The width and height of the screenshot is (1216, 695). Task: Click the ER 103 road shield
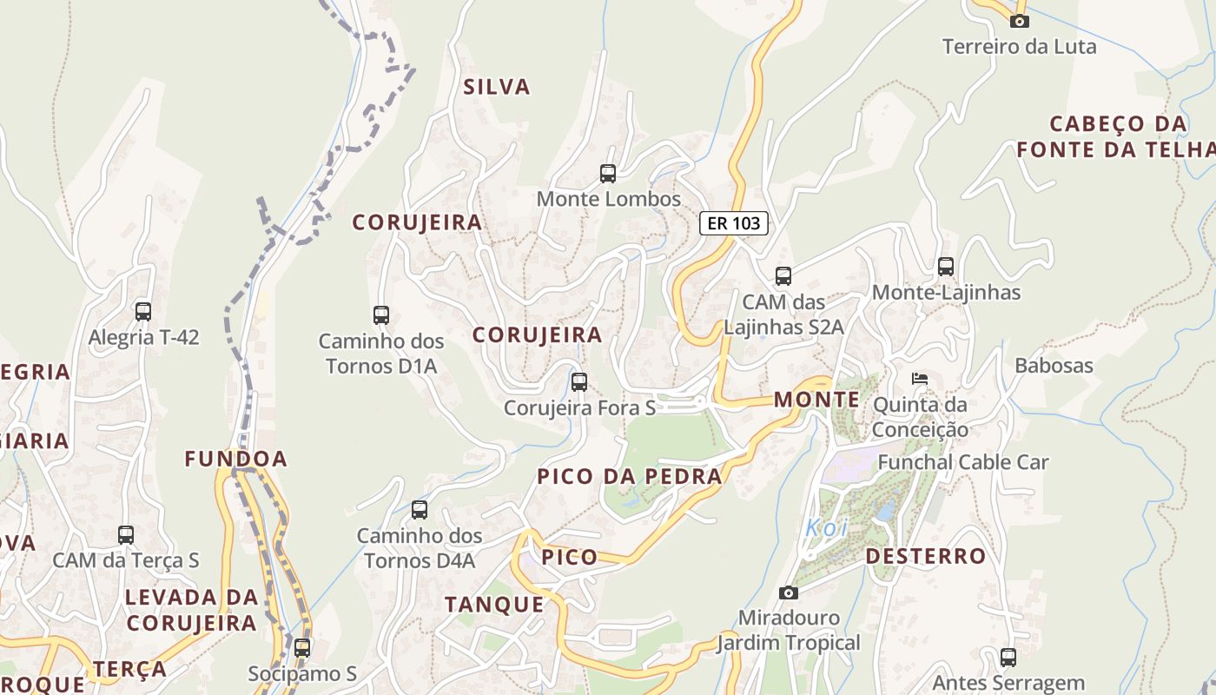pyautogui.click(x=734, y=223)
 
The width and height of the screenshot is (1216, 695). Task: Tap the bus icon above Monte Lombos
pyautogui.click(x=608, y=174)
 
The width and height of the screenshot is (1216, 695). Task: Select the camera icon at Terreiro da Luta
pyautogui.click(x=1020, y=21)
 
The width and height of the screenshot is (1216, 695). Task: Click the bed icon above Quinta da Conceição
pyautogui.click(x=920, y=379)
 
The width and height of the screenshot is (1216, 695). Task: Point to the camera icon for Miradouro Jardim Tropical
pyautogui.click(x=789, y=592)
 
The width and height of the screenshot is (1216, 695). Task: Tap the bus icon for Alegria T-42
pyautogui.click(x=143, y=311)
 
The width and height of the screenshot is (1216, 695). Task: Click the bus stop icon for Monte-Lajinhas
pyautogui.click(x=946, y=267)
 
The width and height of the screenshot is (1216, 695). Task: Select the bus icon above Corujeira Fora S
pyautogui.click(x=579, y=381)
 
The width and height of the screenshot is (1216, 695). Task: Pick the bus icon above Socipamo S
pyautogui.click(x=302, y=647)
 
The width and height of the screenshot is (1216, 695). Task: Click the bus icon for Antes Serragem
pyautogui.click(x=1008, y=658)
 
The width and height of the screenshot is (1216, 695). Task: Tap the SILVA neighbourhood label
pyautogui.click(x=497, y=87)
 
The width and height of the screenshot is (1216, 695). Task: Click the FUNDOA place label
pyautogui.click(x=235, y=459)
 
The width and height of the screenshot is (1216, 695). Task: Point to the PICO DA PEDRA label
pyautogui.click(x=630, y=476)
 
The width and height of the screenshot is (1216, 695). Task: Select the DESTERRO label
pyautogui.click(x=926, y=556)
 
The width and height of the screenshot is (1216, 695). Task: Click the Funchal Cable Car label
pyautogui.click(x=963, y=462)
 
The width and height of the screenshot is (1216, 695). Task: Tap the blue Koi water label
pyautogui.click(x=825, y=527)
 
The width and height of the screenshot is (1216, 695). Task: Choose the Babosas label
pyautogui.click(x=1054, y=365)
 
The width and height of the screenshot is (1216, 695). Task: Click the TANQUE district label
pyautogui.click(x=494, y=605)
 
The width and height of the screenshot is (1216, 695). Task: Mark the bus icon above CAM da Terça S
pyautogui.click(x=126, y=535)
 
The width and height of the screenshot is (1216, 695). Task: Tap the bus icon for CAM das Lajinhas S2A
pyautogui.click(x=783, y=276)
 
